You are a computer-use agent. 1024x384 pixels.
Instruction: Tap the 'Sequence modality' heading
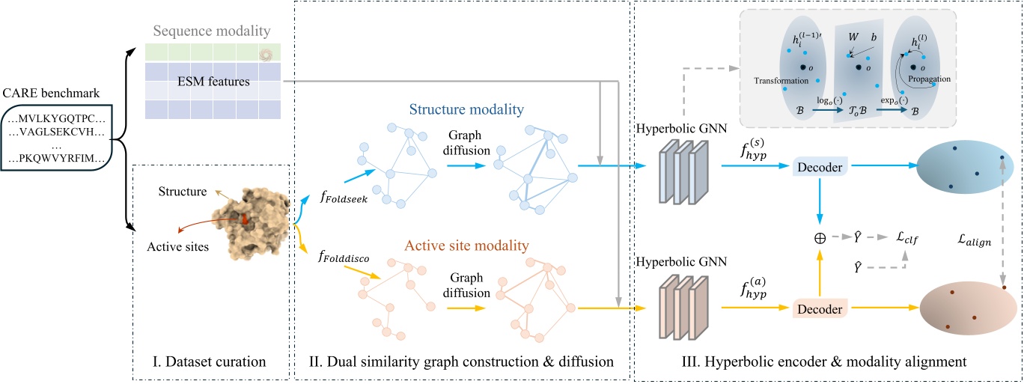pyautogui.click(x=211, y=31)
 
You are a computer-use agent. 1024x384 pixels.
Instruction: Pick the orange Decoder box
pyautogui.click(x=820, y=308)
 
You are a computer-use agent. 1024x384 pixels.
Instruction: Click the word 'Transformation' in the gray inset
pyautogui.click(x=781, y=80)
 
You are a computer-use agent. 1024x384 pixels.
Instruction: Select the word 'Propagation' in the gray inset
pyautogui.click(x=927, y=77)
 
